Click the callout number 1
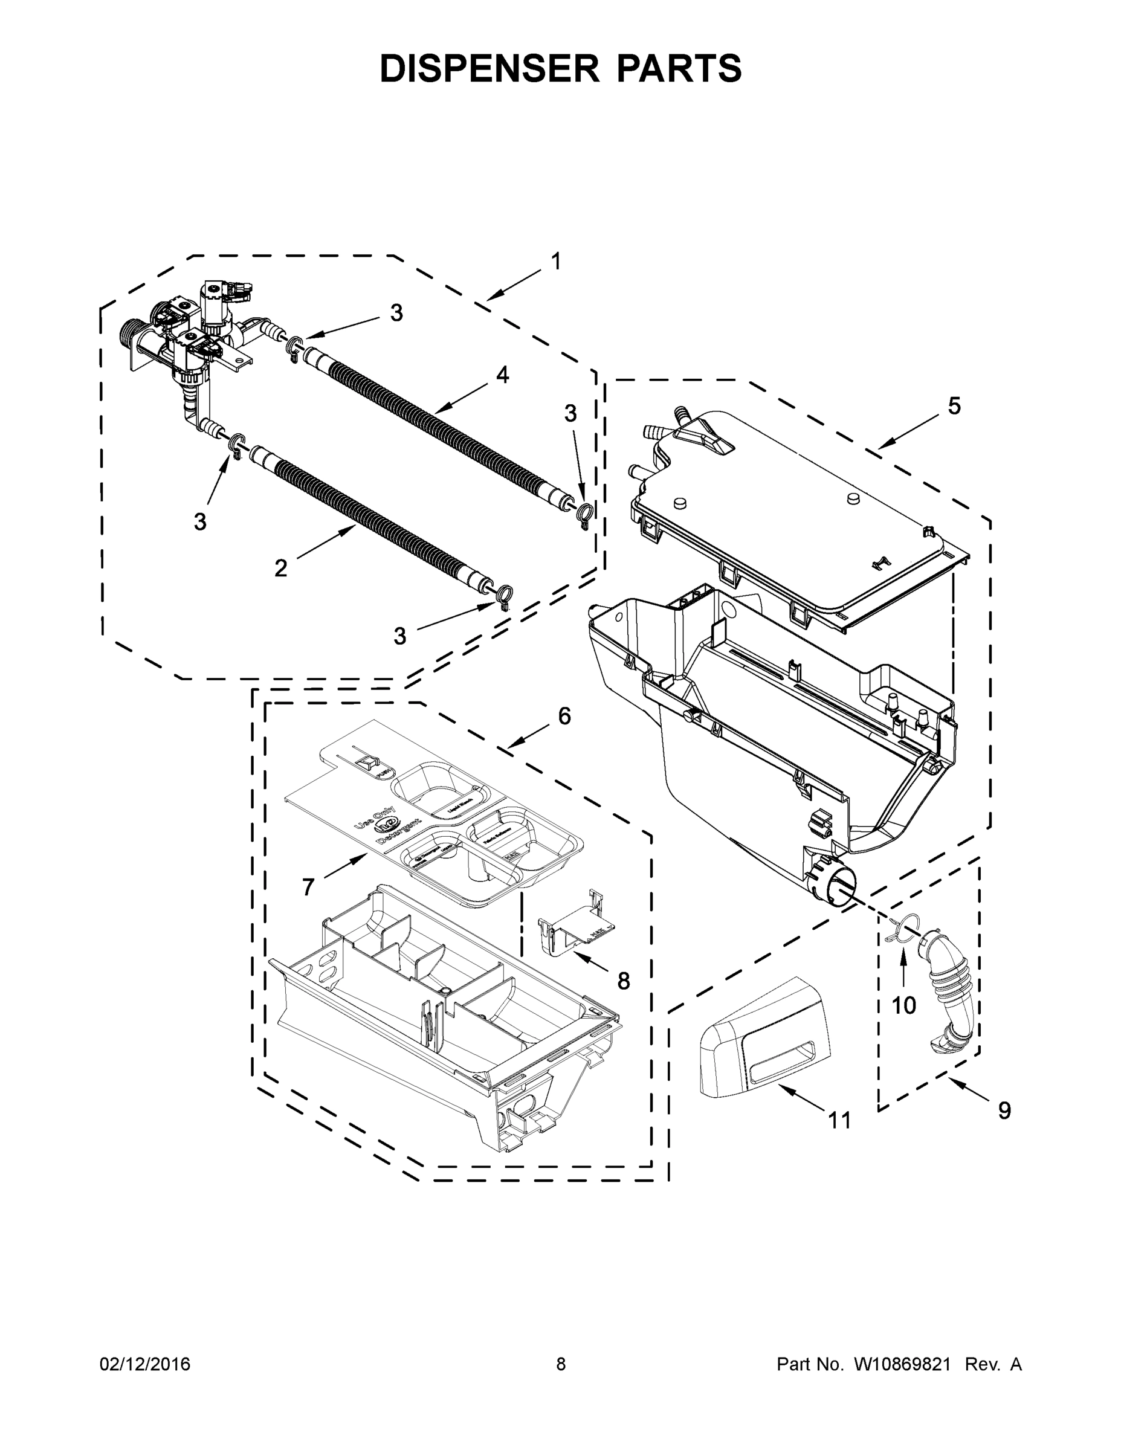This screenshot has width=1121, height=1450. tap(555, 262)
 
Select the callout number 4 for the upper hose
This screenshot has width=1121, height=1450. tap(503, 375)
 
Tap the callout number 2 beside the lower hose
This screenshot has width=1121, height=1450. tap(280, 569)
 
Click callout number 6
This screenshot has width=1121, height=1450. tap(564, 716)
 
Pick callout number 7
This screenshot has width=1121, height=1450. tap(308, 886)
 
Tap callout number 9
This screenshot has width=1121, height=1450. tap(1005, 1110)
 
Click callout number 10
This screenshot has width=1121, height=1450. tap(904, 1005)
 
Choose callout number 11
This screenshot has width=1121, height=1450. tap(839, 1120)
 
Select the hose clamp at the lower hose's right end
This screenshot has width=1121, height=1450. tap(504, 594)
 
